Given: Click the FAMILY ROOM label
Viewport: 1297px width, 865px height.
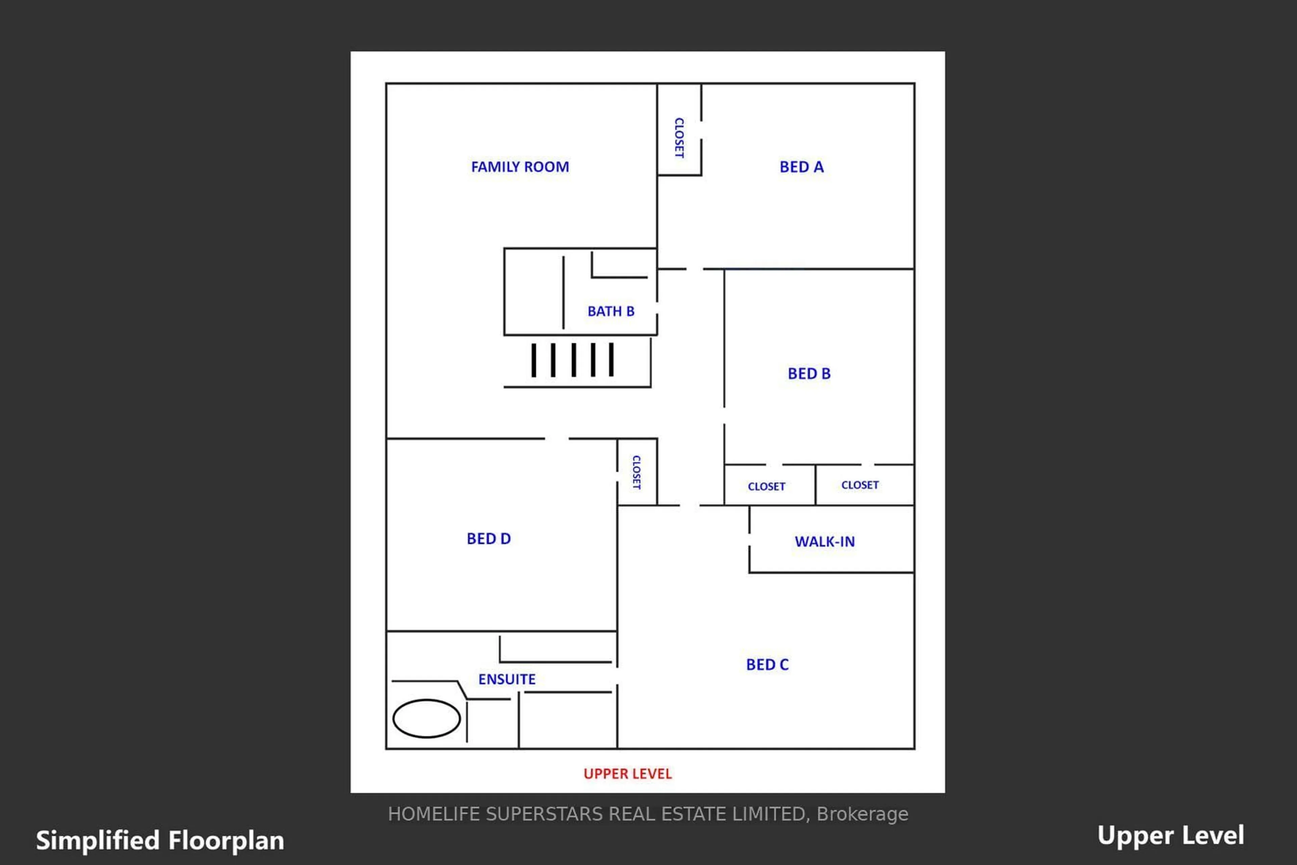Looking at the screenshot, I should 520,167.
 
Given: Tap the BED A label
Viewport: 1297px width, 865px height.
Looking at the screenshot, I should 801,167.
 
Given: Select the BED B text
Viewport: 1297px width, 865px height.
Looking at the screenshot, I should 809,374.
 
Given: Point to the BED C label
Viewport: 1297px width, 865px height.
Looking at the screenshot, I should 767,664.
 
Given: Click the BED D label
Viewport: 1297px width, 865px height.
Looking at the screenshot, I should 488,538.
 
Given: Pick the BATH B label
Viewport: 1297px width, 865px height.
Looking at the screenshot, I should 611,311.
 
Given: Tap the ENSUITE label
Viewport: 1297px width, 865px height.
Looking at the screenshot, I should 506,679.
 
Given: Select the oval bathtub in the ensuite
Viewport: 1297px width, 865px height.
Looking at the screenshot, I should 427,718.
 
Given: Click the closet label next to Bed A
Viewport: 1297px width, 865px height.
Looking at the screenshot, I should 679,137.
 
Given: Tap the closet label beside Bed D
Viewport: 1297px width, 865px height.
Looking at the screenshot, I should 637,472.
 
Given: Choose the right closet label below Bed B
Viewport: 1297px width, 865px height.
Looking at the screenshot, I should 860,485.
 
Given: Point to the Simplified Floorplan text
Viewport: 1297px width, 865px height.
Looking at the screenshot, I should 160,841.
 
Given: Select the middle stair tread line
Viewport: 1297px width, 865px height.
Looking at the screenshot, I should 574,360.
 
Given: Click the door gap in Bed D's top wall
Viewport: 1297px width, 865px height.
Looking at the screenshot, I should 557,438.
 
